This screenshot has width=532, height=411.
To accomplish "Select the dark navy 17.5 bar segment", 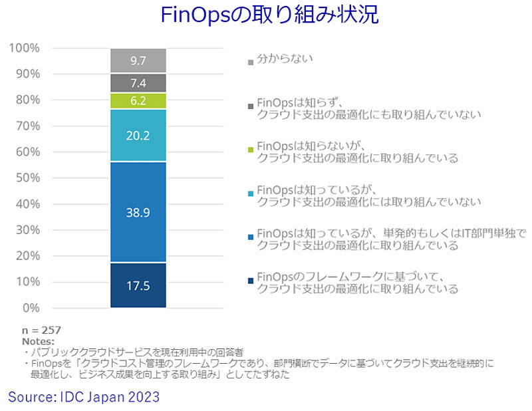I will [x=138, y=285].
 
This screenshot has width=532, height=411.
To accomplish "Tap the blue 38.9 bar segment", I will [x=138, y=212].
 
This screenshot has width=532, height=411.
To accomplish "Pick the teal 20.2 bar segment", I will [x=138, y=135].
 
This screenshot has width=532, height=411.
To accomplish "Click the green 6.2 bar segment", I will [x=138, y=101].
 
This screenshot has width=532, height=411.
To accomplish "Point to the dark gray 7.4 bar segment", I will [x=138, y=83].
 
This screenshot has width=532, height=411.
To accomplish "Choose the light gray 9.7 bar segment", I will [x=138, y=61].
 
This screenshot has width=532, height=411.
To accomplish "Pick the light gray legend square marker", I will [x=250, y=63].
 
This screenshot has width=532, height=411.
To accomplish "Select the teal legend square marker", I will [x=250, y=193].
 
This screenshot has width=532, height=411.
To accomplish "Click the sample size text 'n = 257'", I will [x=41, y=330].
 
